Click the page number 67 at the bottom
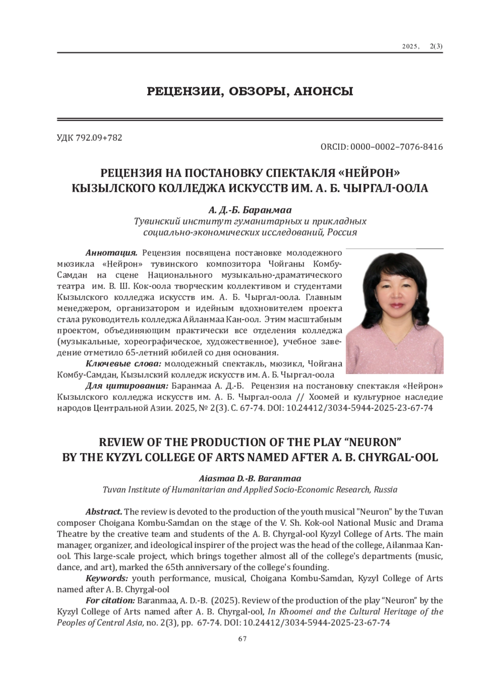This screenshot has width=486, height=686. pos(243,639)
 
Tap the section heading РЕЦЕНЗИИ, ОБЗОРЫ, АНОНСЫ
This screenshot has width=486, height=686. pos(249,92)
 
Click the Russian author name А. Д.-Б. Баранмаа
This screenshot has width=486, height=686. pos(250,210)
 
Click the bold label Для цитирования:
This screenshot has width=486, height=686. pos(127,385)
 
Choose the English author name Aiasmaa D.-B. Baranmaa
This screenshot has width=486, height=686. pos(250,478)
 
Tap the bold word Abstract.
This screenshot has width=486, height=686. pos(104,511)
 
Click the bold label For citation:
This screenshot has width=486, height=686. pos(110,600)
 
